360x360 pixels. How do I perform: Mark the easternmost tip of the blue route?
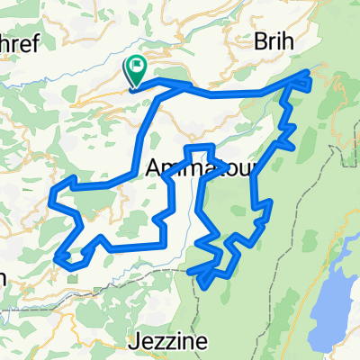tap(310, 77)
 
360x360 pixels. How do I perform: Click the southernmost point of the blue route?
tap(205, 287)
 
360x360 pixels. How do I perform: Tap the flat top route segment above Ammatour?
tap(199, 147)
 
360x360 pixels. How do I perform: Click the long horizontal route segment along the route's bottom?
tap(135, 246)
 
